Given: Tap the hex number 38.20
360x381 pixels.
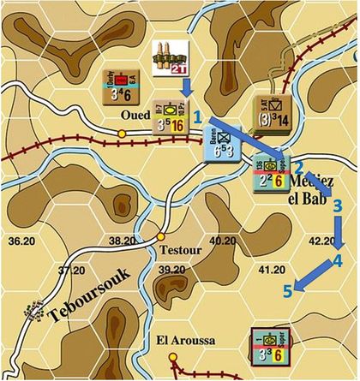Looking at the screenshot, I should click(x=122, y=241).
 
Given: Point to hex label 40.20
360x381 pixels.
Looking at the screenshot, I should click(x=221, y=241).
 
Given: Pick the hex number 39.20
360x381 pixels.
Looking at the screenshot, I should click(x=171, y=271).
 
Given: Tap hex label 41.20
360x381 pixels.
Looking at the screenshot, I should click(x=271, y=271).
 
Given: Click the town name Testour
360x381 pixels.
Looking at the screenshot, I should click(x=178, y=251).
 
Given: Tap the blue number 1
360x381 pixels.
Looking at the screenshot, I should click(x=197, y=114).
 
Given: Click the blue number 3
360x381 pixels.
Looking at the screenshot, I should click(x=337, y=205).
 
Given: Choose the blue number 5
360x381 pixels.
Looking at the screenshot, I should click(x=288, y=292).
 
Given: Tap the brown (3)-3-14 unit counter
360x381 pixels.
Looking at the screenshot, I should click(x=272, y=112).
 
